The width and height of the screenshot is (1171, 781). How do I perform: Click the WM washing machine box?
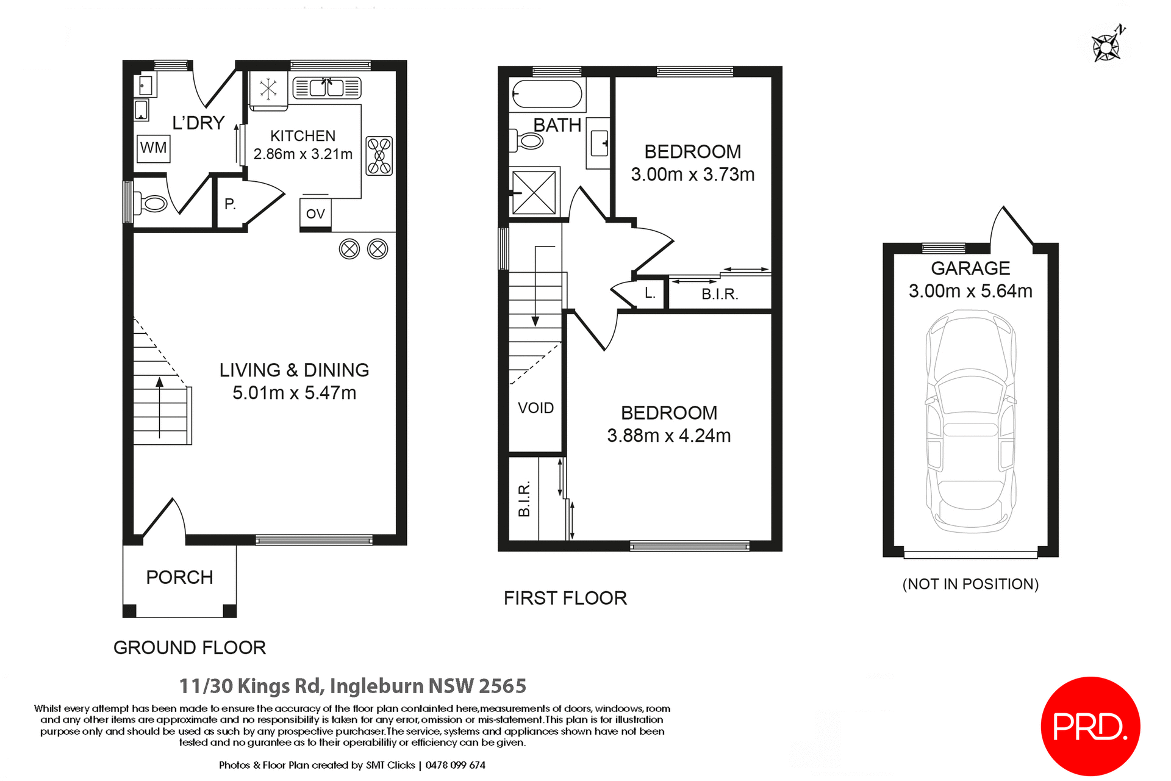[153, 148]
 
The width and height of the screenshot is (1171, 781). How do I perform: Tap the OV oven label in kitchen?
[315, 214]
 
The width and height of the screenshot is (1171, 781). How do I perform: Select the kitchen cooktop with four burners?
[379, 156]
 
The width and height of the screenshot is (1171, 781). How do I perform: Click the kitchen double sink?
[327, 88]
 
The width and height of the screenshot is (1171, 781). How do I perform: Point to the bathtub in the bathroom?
[547, 95]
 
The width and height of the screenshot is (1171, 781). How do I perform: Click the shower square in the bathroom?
[534, 193]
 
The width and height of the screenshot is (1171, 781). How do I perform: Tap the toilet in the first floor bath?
[528, 141]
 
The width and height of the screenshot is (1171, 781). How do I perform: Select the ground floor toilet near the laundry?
[151, 203]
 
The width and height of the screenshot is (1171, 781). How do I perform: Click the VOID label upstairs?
[535, 408]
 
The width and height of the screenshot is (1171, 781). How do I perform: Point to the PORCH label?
[179, 577]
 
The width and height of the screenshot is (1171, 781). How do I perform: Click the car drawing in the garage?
[970, 421]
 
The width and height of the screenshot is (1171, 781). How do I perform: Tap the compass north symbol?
[1108, 46]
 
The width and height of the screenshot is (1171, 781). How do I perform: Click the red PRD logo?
[1090, 726]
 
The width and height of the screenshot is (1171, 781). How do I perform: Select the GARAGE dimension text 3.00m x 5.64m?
[970, 291]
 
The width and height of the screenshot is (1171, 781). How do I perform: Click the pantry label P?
[230, 204]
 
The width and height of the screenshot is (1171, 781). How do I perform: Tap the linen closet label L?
[650, 293]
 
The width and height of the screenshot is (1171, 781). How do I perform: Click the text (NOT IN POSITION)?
[970, 584]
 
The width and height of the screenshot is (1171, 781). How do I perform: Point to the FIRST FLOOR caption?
[565, 598]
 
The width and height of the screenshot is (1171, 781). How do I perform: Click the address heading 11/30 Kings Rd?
[353, 686]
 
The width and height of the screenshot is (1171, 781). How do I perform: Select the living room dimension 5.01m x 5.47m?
[294, 393]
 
